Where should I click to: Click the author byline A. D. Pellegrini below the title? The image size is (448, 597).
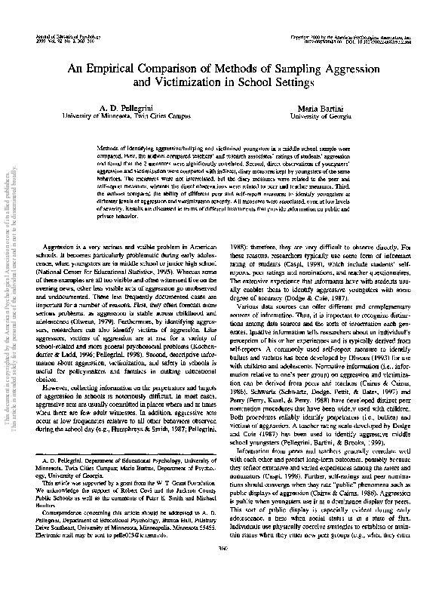click(x=125, y=109)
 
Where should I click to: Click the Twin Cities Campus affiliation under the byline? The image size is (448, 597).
click(x=154, y=118)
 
